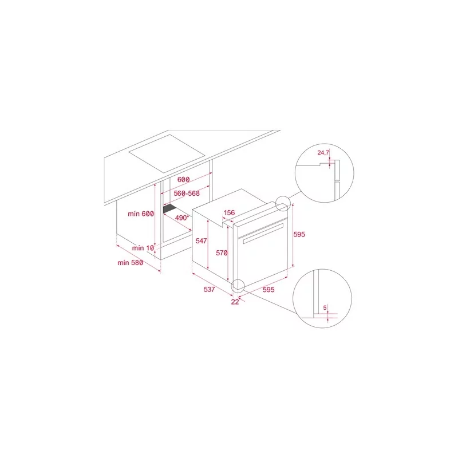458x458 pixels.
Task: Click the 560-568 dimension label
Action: click(187, 194)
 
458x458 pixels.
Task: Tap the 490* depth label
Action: click(182, 218)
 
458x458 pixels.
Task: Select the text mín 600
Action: click(141, 214)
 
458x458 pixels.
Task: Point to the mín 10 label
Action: click(143, 248)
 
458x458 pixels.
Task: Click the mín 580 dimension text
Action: click(131, 263)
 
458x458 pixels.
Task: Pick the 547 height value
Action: click(202, 240)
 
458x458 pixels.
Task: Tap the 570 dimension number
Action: click(222, 252)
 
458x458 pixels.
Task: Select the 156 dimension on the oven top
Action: click(230, 212)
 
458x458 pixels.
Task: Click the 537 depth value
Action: click(210, 289)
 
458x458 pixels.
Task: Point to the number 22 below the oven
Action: click(235, 302)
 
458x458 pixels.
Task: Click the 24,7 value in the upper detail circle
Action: click(323, 152)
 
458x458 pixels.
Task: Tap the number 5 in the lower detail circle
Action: click(325, 307)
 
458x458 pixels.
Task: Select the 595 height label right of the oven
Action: click(299, 234)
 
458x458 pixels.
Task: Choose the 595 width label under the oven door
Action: click(269, 290)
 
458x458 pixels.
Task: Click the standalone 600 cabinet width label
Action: click(183, 180)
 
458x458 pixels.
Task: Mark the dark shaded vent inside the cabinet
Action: click(169, 208)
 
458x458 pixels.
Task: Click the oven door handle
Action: click(263, 234)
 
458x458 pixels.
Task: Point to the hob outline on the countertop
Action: click(167, 153)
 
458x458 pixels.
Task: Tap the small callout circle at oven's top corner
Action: click(283, 204)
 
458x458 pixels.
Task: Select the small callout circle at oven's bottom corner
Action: click(238, 286)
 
